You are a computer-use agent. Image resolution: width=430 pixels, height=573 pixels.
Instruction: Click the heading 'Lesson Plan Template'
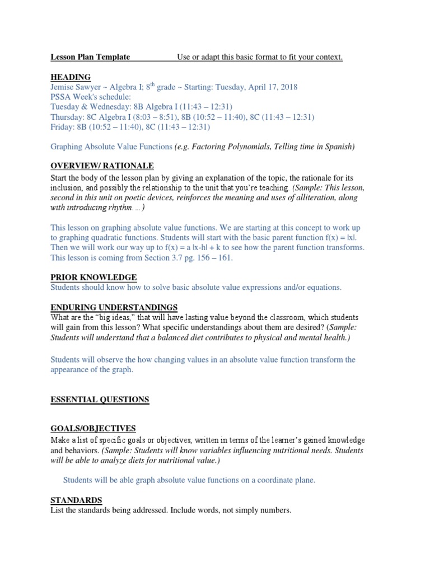point(90,57)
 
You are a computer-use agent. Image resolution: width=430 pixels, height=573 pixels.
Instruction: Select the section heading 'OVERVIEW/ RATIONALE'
point(102,166)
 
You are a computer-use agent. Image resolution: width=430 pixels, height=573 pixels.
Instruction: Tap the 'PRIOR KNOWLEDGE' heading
point(94,278)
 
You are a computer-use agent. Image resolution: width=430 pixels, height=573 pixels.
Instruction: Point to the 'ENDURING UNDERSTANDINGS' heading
point(114,307)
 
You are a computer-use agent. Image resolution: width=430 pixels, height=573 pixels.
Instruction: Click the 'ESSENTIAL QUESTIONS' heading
point(100,399)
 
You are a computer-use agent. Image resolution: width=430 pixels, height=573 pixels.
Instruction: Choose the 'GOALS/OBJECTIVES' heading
point(93,429)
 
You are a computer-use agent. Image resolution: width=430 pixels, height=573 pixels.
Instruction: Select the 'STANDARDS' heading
point(76,500)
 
